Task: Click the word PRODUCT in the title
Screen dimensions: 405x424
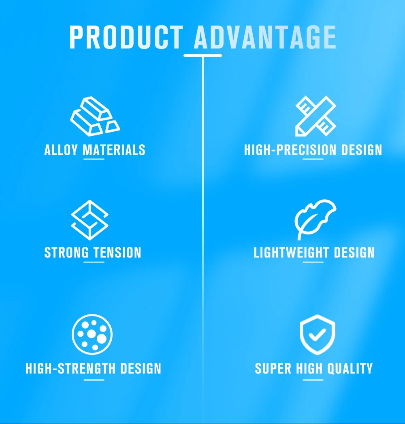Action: [x=126, y=37]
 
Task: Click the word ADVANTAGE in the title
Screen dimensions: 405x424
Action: [x=265, y=37]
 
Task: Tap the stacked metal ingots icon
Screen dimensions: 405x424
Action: [x=95, y=116]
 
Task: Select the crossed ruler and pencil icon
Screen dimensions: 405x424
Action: [x=315, y=116]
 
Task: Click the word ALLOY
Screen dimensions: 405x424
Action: [x=61, y=150]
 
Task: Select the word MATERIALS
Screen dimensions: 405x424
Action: [x=114, y=150]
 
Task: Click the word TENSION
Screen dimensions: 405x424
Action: [x=117, y=253]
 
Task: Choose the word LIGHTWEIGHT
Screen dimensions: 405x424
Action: [x=292, y=253]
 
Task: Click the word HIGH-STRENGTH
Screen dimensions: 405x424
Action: [x=70, y=369]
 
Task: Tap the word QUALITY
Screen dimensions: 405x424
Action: [x=350, y=369]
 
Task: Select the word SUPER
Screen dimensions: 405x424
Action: [x=273, y=369]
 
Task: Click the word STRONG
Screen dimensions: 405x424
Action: [x=66, y=253]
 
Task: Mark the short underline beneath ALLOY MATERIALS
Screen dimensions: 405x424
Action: [x=94, y=159]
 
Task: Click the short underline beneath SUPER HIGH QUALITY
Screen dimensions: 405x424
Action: [x=313, y=380]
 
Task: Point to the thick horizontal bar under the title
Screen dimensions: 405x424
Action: [x=202, y=55]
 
